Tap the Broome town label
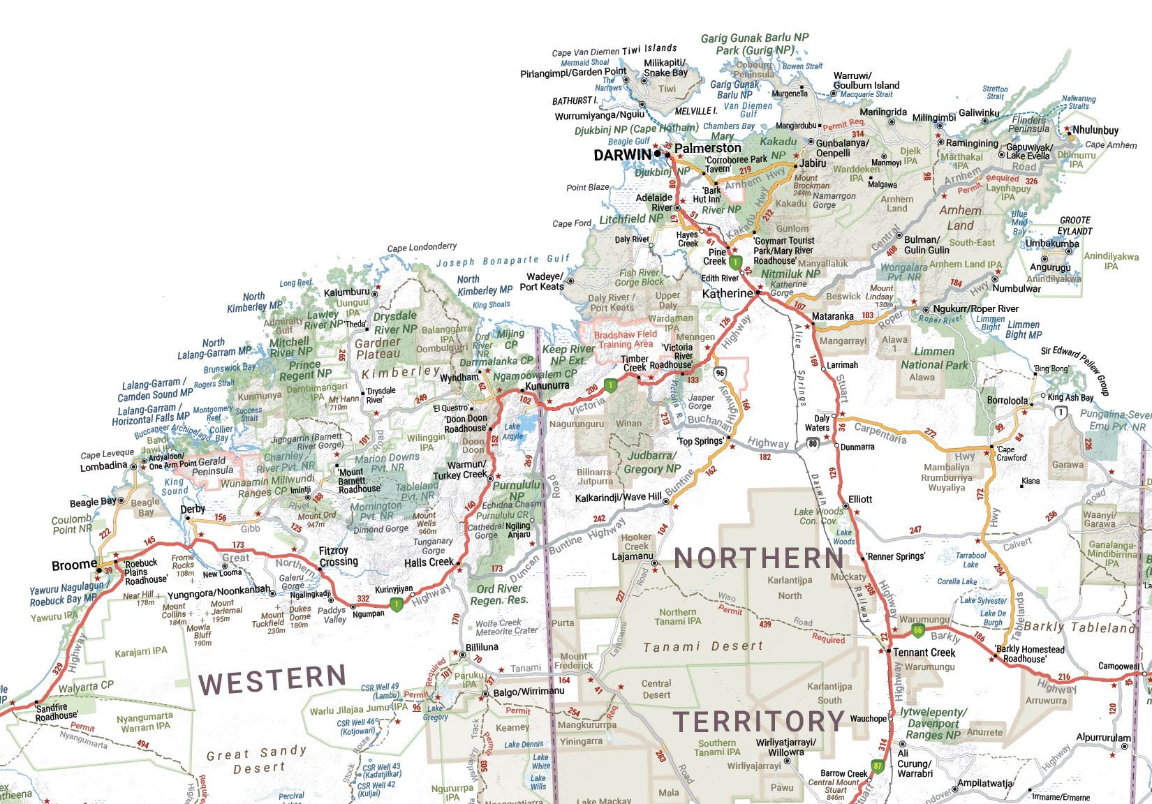74,565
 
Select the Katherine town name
728,294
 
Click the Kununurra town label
547,386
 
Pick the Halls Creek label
429,563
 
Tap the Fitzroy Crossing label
339,556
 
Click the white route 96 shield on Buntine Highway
720,373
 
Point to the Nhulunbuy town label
1095,131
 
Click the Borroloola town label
1007,401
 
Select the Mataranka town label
832,316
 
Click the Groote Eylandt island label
1075,225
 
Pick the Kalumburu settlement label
346,292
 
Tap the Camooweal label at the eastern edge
1118,666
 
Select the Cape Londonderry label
422,247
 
